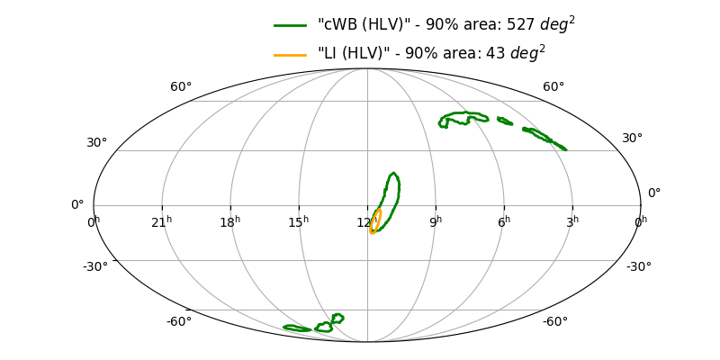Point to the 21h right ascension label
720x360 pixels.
[x=162, y=222]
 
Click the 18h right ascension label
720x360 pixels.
[x=230, y=222]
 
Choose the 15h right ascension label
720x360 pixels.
[x=299, y=222]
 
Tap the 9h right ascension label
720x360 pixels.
[x=436, y=222]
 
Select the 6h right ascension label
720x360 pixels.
[x=504, y=222]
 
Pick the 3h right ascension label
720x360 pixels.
[x=572, y=222]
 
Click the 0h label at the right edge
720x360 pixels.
[x=640, y=222]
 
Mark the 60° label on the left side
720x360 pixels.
[x=181, y=87]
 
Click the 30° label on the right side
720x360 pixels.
[x=633, y=138]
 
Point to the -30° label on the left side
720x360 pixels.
[x=95, y=266]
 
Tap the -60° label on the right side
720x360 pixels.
[x=554, y=322]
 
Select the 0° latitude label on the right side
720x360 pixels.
[x=654, y=193]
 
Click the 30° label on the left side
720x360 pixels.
[x=96, y=142]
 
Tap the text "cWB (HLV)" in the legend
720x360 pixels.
[x=355, y=25]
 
